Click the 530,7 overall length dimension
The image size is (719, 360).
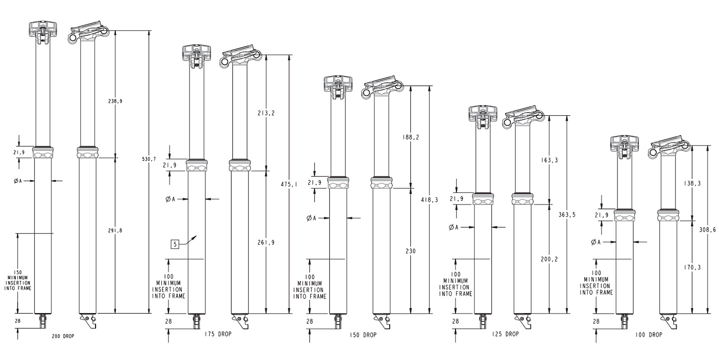click(x=149, y=159)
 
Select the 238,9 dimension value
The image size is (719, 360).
click(x=115, y=101)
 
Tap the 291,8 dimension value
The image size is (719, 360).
click(x=115, y=231)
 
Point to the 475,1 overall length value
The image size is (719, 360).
click(x=289, y=184)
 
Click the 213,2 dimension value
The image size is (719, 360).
click(x=266, y=113)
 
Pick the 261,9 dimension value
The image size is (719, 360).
click(x=266, y=243)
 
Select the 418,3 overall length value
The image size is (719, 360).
click(x=429, y=200)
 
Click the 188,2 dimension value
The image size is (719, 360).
click(x=411, y=137)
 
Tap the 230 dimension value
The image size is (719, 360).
click(x=411, y=251)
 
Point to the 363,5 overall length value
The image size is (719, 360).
click(x=567, y=215)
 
